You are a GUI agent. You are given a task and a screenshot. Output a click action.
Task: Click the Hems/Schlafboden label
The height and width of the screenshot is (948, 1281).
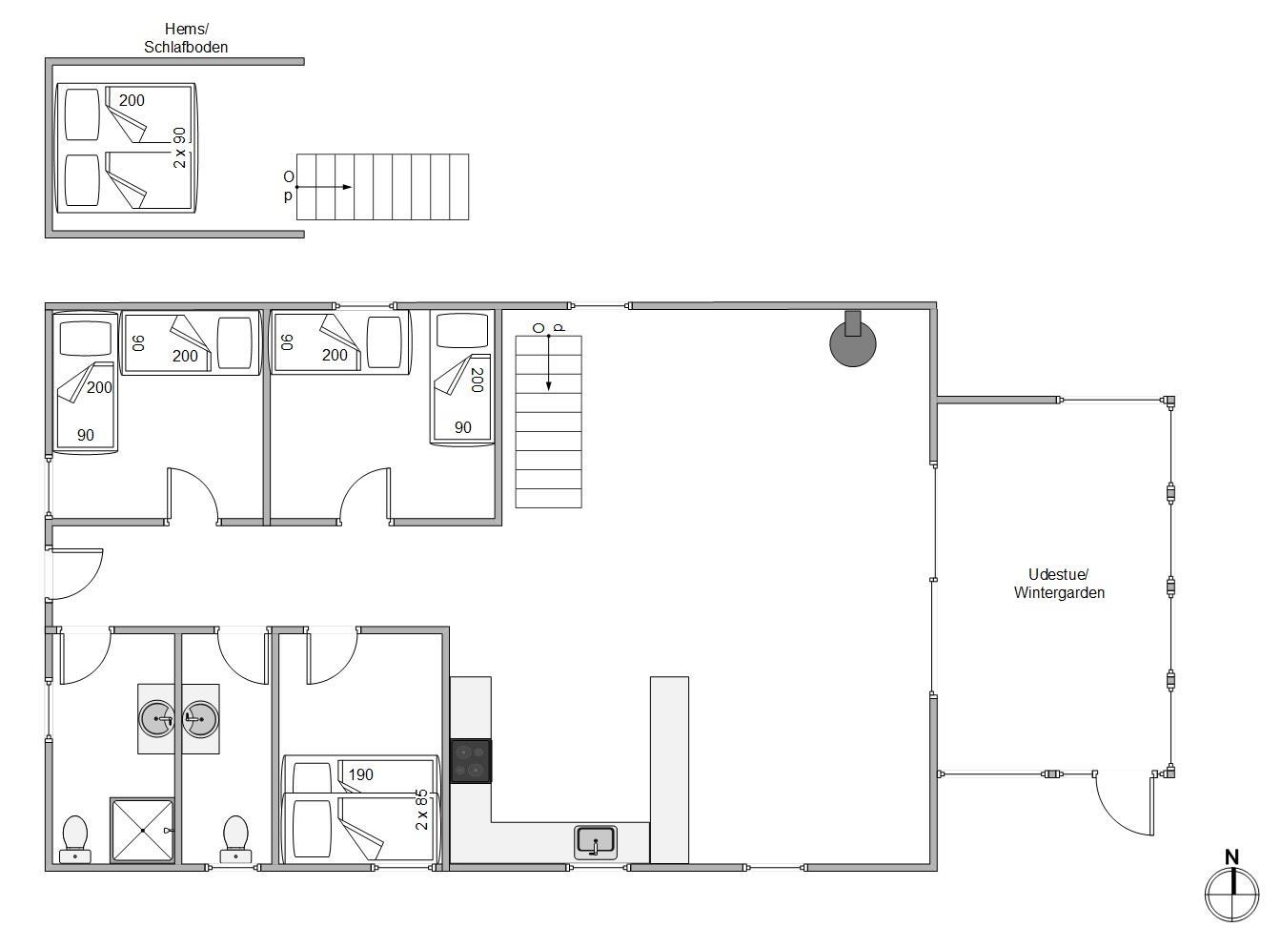coord(186,37)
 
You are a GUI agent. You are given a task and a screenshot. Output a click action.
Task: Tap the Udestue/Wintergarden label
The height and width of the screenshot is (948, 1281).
coord(1059,584)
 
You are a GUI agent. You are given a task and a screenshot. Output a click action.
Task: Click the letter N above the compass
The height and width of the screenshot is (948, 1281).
coord(1231,856)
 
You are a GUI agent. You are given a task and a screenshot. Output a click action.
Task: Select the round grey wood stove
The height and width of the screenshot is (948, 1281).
coord(852,342)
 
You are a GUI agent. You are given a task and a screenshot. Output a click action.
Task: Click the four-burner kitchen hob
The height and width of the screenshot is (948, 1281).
coord(471,761)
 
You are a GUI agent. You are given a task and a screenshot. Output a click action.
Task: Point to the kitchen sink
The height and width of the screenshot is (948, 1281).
coord(596,842)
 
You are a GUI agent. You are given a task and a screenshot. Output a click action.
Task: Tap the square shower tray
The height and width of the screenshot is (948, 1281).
coord(142,830)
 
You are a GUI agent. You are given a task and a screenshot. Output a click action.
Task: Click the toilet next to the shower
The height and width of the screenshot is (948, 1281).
coord(75,839)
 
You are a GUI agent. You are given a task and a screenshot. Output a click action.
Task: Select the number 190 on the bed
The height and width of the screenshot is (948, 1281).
coord(360,774)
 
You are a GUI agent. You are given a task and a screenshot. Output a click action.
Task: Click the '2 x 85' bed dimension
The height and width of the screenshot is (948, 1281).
coord(422,810)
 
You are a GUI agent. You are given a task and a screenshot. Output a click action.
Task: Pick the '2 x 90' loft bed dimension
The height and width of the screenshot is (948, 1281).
coord(179,148)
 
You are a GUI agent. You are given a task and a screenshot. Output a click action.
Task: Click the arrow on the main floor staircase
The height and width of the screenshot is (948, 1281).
coord(549,361)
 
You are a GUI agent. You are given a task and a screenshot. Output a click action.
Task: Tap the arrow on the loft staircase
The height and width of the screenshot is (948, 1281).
coord(324,187)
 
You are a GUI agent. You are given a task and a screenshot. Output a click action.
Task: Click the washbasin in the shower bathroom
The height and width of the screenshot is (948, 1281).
coord(156,718)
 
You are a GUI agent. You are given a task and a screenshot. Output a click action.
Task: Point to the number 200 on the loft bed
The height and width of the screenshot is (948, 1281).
coord(132,100)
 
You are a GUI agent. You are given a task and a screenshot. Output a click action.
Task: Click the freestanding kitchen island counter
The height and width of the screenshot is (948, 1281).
coord(669,770)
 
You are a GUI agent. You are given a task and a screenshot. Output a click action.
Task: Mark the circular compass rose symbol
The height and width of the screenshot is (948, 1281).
coord(1231,895)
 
